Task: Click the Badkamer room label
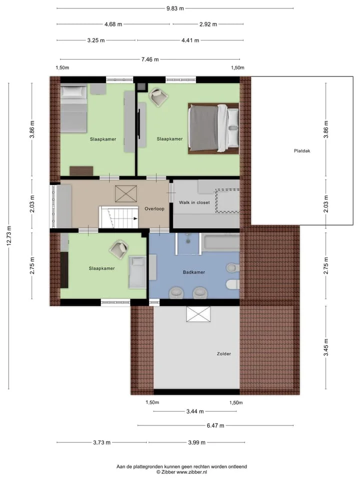click(x=194, y=272)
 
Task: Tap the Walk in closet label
click(x=194, y=202)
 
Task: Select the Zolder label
click(x=224, y=353)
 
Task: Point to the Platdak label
click(x=302, y=150)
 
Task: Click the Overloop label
click(x=154, y=209)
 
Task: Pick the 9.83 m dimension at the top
click(x=175, y=8)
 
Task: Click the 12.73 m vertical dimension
click(x=9, y=235)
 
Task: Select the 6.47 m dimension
click(x=215, y=425)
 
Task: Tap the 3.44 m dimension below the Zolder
click(x=195, y=411)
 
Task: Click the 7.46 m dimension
click(x=150, y=59)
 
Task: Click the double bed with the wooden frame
click(x=213, y=128)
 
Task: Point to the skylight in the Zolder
click(x=198, y=314)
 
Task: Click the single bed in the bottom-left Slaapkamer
click(x=137, y=272)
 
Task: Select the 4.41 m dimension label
click(x=190, y=40)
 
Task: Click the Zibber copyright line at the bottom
click(x=181, y=472)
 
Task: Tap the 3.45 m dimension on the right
click(x=326, y=347)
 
